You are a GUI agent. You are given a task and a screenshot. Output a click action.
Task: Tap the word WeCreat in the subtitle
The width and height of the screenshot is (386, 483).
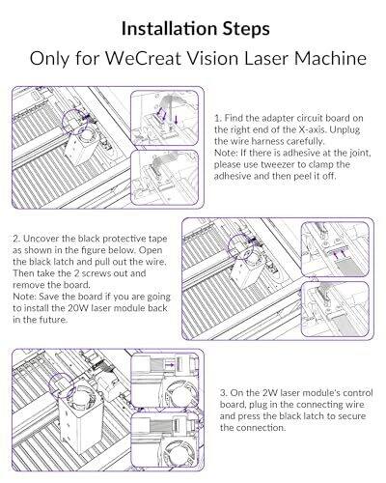pyautogui.click(x=143, y=58)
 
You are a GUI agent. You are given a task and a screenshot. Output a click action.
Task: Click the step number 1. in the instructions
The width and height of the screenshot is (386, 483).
pyautogui.click(x=218, y=118)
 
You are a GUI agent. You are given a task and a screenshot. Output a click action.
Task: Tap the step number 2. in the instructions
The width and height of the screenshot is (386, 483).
pyautogui.click(x=17, y=239)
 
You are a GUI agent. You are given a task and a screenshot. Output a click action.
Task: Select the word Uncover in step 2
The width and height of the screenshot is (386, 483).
pyautogui.click(x=41, y=239)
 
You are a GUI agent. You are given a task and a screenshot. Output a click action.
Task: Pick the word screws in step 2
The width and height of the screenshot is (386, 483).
pyautogui.click(x=96, y=273)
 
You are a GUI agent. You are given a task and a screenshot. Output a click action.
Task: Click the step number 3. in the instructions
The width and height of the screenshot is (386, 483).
pyautogui.click(x=224, y=393)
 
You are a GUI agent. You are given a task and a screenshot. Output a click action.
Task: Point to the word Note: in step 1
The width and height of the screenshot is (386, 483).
pyautogui.click(x=226, y=153)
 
